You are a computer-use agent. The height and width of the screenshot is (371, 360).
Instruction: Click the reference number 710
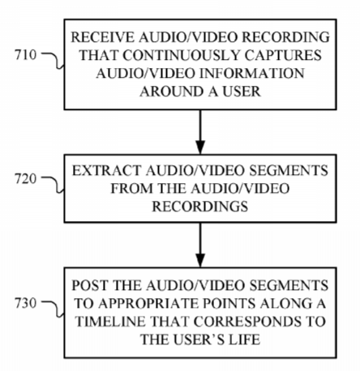click(x=25, y=55)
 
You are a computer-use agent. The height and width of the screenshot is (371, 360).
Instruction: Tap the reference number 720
click(x=25, y=179)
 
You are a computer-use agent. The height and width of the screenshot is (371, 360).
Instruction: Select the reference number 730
click(x=25, y=303)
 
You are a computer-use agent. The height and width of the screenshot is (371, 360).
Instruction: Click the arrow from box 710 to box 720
click(x=200, y=132)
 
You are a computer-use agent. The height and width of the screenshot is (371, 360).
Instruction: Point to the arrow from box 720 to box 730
click(x=200, y=245)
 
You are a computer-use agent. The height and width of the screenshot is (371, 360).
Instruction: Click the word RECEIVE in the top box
click(x=102, y=37)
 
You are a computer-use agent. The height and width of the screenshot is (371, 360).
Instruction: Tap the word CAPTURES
click(x=284, y=55)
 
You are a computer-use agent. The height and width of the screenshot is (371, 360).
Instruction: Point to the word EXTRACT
click(x=107, y=171)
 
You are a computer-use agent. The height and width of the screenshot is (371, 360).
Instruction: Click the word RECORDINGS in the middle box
click(x=200, y=207)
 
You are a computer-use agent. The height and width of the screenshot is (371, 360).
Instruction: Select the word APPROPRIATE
click(x=149, y=304)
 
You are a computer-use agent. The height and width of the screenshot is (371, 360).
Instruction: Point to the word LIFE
click(x=244, y=339)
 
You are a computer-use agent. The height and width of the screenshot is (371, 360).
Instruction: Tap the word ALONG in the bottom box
click(x=282, y=304)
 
